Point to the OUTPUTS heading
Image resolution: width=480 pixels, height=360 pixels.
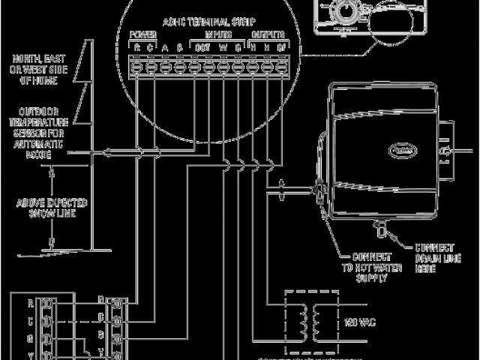click(268, 35)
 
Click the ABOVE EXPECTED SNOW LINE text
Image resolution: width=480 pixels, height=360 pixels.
click(53, 208)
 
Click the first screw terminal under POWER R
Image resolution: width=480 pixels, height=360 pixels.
click(136, 67)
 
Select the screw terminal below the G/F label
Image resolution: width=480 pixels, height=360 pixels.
click(281, 67)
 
